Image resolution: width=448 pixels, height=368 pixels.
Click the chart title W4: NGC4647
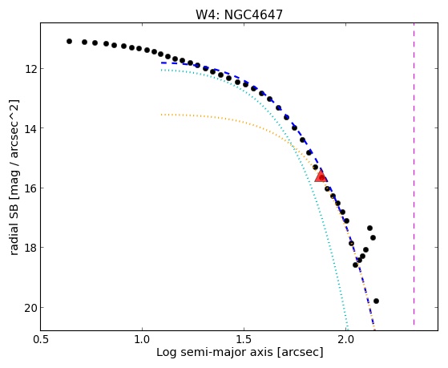point(239,15)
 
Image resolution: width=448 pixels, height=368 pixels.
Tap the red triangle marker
point(321,176)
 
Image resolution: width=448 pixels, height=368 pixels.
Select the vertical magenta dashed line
point(414,174)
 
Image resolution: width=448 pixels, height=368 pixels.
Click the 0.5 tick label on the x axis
point(41,340)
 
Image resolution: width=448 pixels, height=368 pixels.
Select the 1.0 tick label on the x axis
point(142,340)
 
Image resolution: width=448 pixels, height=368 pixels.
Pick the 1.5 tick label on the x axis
point(244,340)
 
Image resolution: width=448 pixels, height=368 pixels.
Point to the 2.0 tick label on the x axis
point(345,340)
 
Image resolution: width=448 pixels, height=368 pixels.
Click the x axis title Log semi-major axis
point(215,353)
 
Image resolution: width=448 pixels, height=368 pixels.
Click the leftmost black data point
point(69,42)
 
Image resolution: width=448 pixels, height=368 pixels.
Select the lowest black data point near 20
point(377,301)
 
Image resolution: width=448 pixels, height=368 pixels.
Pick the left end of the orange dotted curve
point(161,115)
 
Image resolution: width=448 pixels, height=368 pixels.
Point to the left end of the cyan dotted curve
point(161,70)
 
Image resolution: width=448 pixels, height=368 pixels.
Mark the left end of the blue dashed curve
point(161,63)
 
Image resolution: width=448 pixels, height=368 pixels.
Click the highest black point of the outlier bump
point(369,228)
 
